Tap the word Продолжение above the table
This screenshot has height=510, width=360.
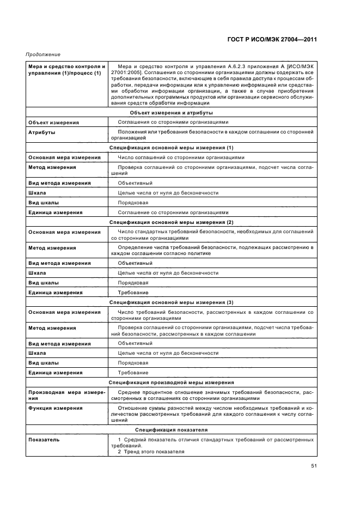43,54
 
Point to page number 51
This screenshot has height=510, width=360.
314,466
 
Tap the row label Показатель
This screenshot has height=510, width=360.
44,439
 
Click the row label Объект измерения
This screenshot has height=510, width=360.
53,122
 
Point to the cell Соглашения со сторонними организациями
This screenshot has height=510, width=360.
173,122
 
